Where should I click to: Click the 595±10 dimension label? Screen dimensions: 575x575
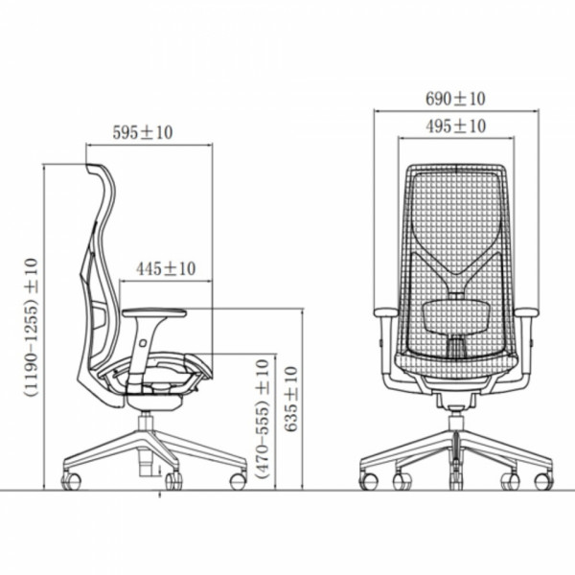[x=142, y=132]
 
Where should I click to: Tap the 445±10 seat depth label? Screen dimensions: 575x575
[x=166, y=268]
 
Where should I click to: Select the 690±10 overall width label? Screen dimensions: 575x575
[x=455, y=99]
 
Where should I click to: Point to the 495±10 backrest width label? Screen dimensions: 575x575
[x=455, y=126]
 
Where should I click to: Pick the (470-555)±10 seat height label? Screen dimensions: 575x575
[x=263, y=419]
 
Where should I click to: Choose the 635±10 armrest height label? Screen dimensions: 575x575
[x=291, y=399]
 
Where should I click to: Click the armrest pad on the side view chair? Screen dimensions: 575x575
[x=154, y=312]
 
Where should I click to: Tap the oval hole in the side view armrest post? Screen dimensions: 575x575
[x=142, y=343]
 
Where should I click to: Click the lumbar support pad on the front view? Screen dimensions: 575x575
[x=456, y=314]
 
